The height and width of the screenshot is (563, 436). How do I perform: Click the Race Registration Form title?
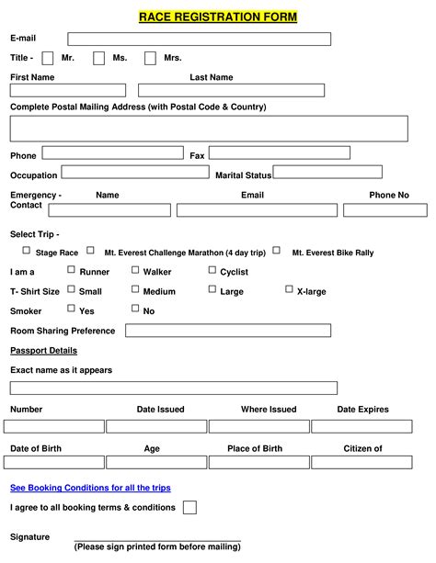click(217, 17)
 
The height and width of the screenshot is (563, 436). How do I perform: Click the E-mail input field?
click(199, 39)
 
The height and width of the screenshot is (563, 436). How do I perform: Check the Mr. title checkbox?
click(48, 59)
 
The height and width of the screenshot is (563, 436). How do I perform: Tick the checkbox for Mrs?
click(150, 59)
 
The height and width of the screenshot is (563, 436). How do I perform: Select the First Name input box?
click(68, 90)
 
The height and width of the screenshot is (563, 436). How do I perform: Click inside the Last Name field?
click(231, 90)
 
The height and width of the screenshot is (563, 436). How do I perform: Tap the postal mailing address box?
click(209, 129)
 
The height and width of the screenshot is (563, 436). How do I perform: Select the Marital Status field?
click(327, 172)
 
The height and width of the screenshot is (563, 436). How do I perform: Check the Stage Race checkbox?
click(27, 250)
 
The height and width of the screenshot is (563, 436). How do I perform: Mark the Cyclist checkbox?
click(212, 270)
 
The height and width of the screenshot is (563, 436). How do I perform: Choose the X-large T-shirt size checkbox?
click(289, 289)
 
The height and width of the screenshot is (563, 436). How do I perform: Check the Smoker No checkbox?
click(135, 309)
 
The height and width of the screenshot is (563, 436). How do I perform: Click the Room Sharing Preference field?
click(228, 331)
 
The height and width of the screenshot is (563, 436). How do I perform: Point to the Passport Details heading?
click(43, 350)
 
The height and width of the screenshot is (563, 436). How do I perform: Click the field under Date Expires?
click(361, 426)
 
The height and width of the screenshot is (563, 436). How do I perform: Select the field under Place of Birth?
click(258, 462)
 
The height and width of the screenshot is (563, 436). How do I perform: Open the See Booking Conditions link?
click(90, 488)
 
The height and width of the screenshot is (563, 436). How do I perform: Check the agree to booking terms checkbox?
click(189, 507)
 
